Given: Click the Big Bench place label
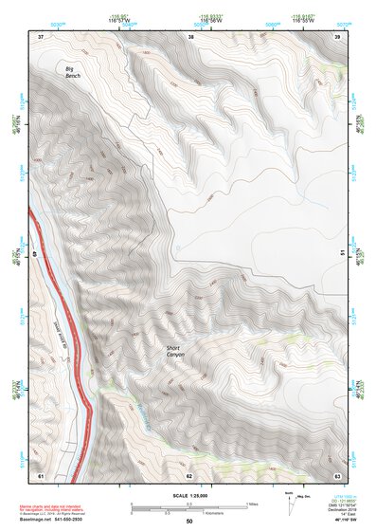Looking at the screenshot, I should (70, 73).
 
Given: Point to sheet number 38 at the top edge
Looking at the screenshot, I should (190, 36).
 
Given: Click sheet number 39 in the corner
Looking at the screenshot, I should (338, 36).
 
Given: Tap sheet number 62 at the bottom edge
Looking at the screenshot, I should (189, 474).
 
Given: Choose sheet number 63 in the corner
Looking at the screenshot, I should (338, 474).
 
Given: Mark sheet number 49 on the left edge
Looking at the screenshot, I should (37, 254).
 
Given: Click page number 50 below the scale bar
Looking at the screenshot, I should (189, 522).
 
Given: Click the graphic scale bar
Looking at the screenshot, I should (189, 507).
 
